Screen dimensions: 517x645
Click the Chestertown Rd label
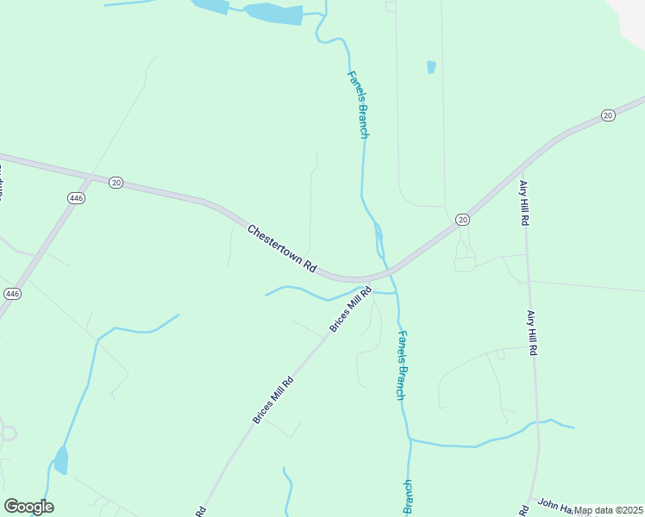tap(283, 250)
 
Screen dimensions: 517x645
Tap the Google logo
tap(28, 507)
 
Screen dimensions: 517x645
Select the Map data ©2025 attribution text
tap(608, 510)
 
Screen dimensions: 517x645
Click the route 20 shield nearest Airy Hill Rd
tap(463, 221)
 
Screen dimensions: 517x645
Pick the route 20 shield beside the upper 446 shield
tap(116, 182)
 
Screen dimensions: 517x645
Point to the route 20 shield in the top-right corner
tap(608, 115)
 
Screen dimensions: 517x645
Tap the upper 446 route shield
tap(76, 198)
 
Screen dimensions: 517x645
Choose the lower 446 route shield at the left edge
tap(12, 293)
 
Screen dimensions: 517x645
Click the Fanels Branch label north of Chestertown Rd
tap(359, 104)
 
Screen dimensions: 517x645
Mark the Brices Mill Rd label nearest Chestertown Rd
tap(349, 310)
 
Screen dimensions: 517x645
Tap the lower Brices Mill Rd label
tap(272, 400)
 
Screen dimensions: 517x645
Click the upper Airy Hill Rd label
tap(523, 202)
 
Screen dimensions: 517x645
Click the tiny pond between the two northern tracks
tap(431, 66)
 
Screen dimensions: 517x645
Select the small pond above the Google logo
tap(61, 460)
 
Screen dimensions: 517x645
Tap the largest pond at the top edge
tap(273, 14)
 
